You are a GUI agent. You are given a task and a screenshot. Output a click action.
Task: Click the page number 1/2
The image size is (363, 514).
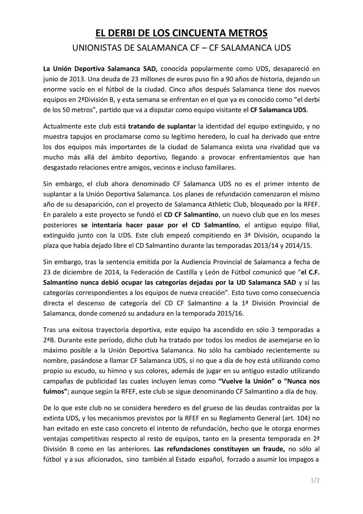(315, 481)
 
